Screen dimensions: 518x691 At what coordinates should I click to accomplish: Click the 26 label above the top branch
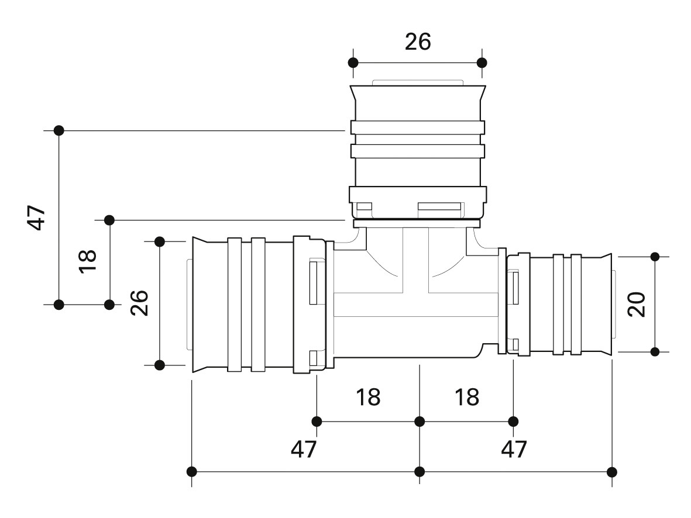[x=418, y=42]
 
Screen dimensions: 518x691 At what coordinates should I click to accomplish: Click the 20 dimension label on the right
[x=637, y=304]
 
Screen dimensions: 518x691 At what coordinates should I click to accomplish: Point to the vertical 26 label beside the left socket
[x=139, y=302]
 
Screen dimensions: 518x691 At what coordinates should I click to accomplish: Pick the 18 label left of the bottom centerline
[x=367, y=398]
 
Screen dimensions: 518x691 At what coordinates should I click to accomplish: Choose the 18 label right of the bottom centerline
[x=466, y=398]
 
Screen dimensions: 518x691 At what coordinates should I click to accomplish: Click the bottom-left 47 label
[x=303, y=449]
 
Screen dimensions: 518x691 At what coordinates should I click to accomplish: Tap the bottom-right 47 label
[x=514, y=449]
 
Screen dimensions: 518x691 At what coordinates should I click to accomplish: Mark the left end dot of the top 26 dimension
[x=352, y=63]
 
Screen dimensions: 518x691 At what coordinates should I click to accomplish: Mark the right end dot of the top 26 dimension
[x=482, y=63]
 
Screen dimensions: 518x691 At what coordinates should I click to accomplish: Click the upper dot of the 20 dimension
[x=655, y=256]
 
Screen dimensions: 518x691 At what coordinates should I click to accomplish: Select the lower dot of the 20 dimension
[x=655, y=351]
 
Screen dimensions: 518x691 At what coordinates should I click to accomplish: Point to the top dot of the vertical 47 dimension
[x=59, y=130]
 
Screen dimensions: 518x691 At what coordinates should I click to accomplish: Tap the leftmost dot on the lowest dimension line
[x=192, y=471]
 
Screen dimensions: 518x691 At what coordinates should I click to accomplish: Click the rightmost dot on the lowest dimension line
[x=612, y=471]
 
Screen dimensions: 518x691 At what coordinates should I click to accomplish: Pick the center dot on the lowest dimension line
[x=420, y=471]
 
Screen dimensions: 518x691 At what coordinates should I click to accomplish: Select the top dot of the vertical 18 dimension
[x=109, y=220]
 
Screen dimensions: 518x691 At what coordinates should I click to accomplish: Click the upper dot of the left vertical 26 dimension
[x=160, y=241]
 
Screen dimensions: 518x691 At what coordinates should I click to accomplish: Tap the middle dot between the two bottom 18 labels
[x=420, y=421]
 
